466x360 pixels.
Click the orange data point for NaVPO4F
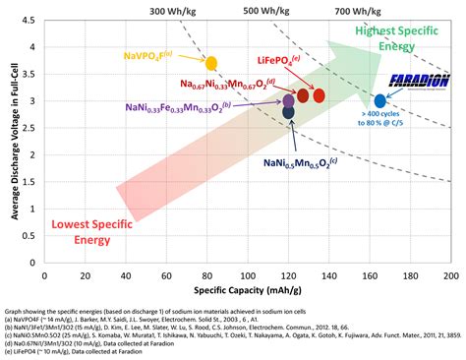(210, 62)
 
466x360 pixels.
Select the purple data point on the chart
(288, 100)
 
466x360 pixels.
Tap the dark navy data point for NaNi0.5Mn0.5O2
(288, 112)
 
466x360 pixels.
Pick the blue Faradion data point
(380, 100)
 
